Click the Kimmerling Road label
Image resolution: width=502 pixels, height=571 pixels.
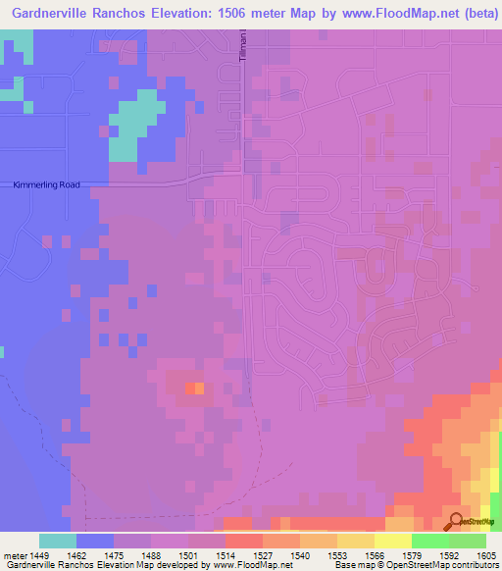[46, 184]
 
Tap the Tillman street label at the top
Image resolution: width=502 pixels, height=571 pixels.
[242, 47]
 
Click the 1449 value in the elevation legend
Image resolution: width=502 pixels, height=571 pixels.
[39, 555]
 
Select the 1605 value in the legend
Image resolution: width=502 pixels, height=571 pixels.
[485, 555]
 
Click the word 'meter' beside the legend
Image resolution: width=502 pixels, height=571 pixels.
[14, 555]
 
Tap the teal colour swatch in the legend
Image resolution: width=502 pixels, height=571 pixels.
[58, 541]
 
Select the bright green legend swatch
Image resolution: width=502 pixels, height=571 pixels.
[429, 541]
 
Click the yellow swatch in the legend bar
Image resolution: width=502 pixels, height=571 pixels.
[392, 541]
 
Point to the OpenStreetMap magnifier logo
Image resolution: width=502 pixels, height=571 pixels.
[457, 521]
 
